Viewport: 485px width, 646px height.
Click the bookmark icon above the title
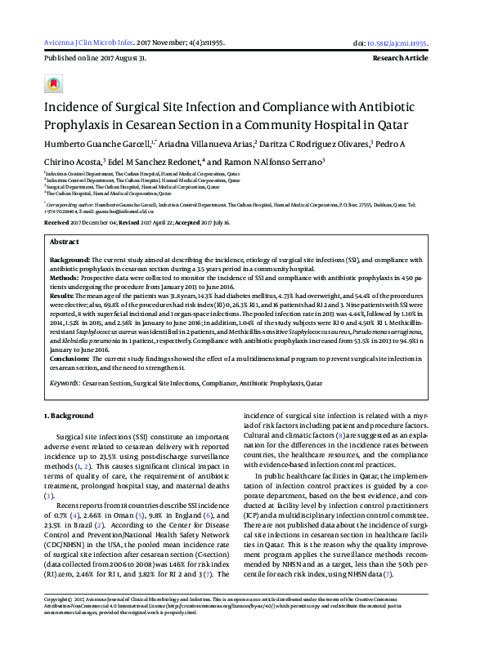tap(53, 83)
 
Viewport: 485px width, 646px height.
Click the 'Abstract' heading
tap(65, 243)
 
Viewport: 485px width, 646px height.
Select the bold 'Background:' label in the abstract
tap(70, 259)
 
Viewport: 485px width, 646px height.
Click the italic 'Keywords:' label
tap(65, 381)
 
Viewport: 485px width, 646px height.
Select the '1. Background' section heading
tap(67, 417)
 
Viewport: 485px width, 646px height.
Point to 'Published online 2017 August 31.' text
tap(95, 59)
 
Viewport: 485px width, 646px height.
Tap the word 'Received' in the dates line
tap(56, 222)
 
